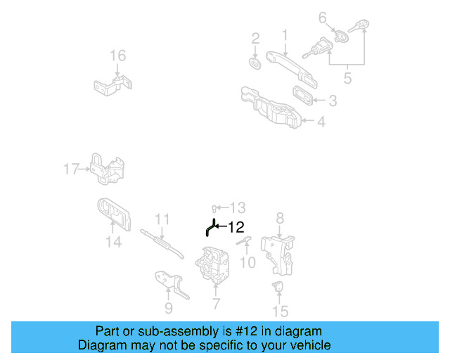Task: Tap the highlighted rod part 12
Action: (x=210, y=228)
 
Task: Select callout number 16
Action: (x=117, y=56)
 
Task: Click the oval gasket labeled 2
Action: (x=256, y=63)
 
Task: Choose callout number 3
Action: (x=332, y=101)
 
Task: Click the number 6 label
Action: (x=323, y=17)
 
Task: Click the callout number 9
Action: (x=168, y=308)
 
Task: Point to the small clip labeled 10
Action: (x=245, y=242)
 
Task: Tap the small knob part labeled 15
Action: (x=278, y=285)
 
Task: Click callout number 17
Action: (x=72, y=169)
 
